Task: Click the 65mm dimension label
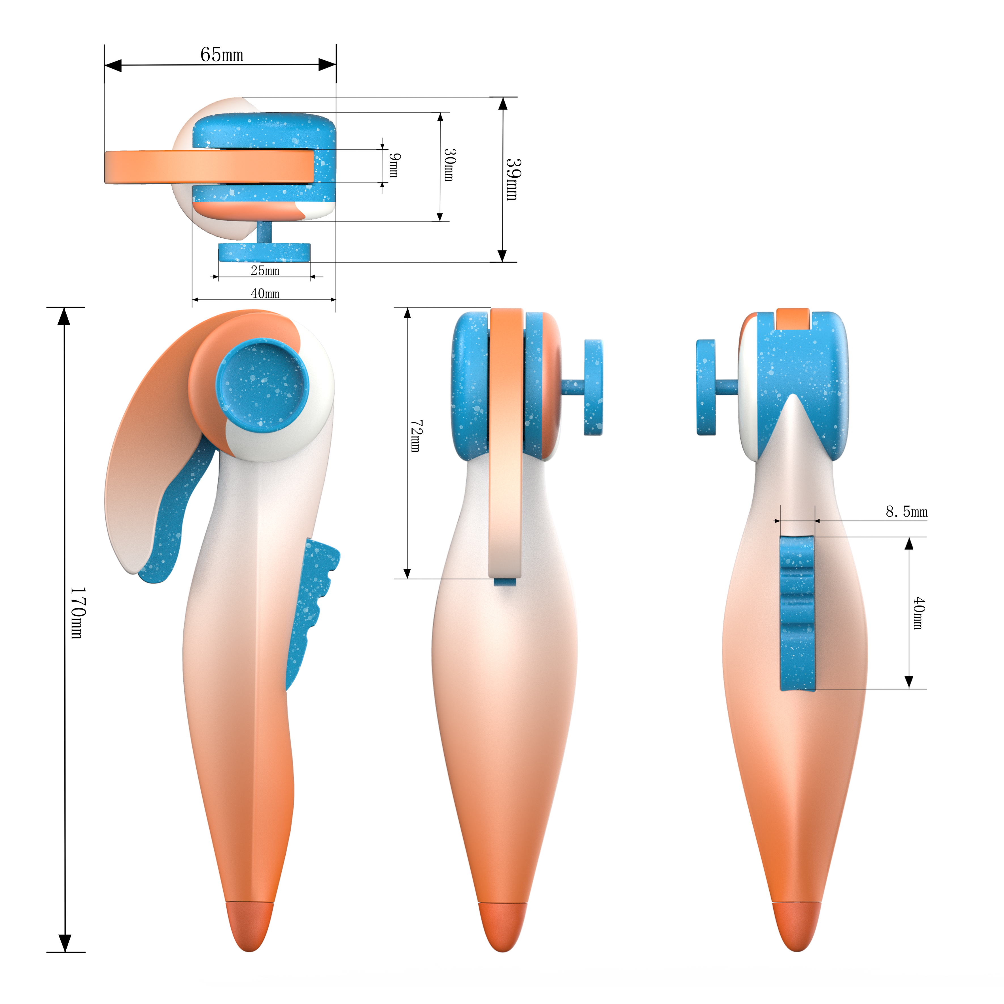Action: [222, 55]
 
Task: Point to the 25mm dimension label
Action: [265, 271]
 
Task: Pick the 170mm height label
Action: [77, 613]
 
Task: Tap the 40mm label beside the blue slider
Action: [919, 613]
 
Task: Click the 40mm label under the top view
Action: [265, 294]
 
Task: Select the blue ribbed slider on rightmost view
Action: [798, 613]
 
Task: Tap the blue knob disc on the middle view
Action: [593, 387]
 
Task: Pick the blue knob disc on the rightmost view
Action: [706, 387]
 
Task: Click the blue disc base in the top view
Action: [264, 252]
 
